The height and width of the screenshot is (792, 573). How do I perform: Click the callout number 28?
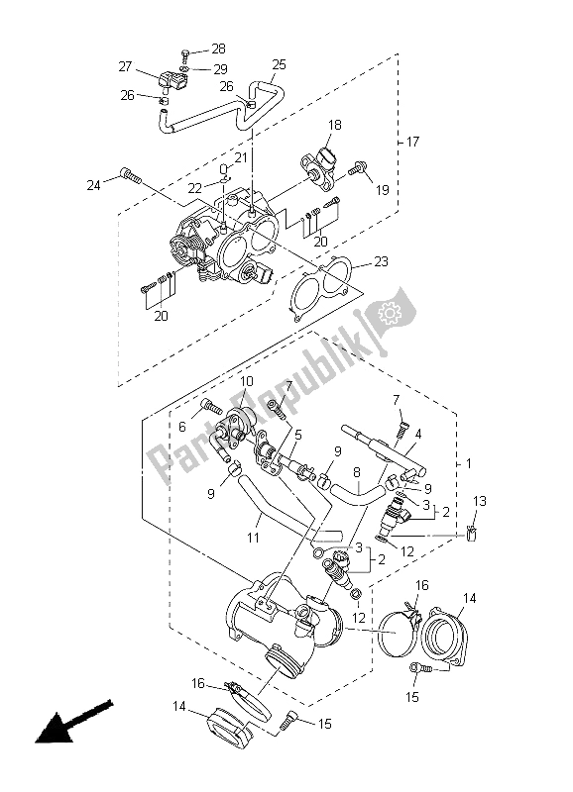218,49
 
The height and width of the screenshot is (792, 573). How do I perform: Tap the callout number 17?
413,143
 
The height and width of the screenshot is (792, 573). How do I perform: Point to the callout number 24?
94,185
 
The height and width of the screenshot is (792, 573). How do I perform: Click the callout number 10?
247,381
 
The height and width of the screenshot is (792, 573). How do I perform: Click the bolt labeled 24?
126,174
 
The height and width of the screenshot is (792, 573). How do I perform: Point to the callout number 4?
419,433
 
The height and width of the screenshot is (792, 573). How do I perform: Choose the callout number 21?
241,157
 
